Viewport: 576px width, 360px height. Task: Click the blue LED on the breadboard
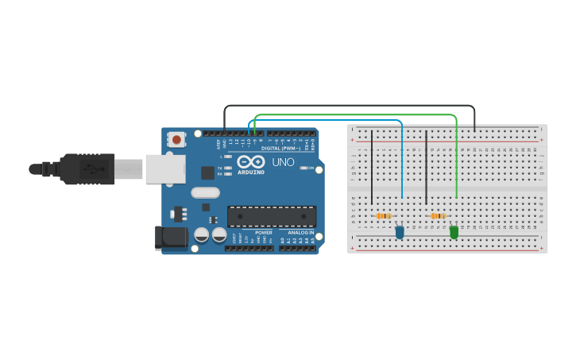(400, 232)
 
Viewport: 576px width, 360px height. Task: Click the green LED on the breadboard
(454, 232)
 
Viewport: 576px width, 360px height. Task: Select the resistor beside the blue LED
(384, 216)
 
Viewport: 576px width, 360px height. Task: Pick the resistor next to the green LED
(438, 216)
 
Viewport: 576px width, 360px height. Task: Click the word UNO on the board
(283, 162)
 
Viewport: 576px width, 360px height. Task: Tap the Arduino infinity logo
(251, 161)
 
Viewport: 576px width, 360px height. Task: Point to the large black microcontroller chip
(272, 216)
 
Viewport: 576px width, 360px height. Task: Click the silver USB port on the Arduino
(165, 168)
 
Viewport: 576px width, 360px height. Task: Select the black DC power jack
(171, 236)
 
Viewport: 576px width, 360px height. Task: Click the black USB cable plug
(87, 168)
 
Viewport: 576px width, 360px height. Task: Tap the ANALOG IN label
(300, 232)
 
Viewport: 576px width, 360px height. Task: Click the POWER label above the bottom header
(264, 232)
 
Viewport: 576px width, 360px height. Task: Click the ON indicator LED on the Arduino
(303, 168)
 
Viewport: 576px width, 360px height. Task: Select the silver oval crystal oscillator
(205, 192)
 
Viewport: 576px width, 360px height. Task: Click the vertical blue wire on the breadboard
(402, 159)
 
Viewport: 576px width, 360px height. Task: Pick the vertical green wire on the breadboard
(456, 159)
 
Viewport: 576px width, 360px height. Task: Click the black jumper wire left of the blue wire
(372, 167)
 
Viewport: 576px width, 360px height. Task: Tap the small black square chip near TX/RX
(207, 172)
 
